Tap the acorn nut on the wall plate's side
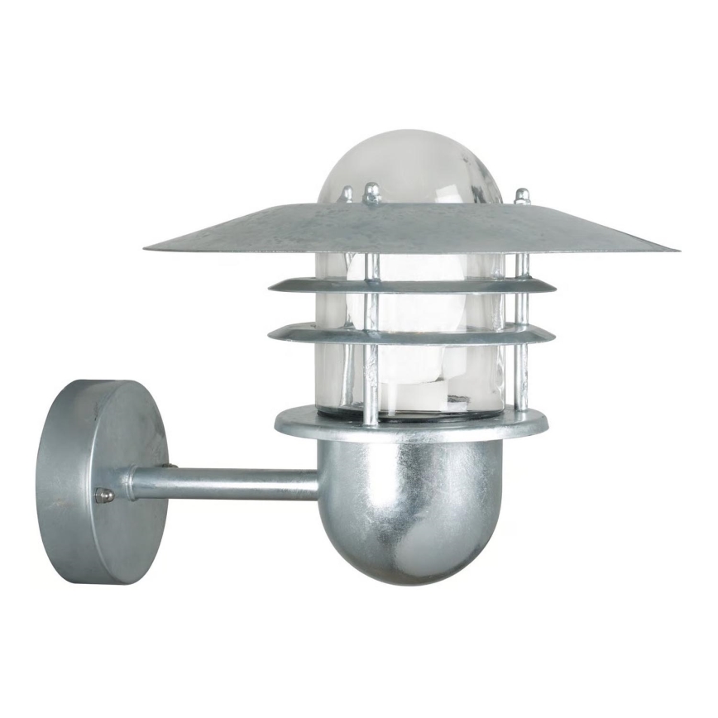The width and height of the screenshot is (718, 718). (104, 495)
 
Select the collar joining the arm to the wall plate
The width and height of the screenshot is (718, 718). (131, 483)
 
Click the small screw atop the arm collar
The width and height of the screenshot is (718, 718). (169, 466)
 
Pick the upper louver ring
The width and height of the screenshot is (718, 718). (411, 285)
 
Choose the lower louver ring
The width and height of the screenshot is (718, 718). (411, 333)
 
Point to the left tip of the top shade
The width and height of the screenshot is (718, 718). (147, 247)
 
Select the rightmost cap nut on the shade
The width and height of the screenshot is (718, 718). (522, 197)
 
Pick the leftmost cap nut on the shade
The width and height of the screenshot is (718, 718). (347, 195)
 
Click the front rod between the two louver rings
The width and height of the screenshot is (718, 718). (373, 310)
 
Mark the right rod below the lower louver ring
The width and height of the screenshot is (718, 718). (522, 376)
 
